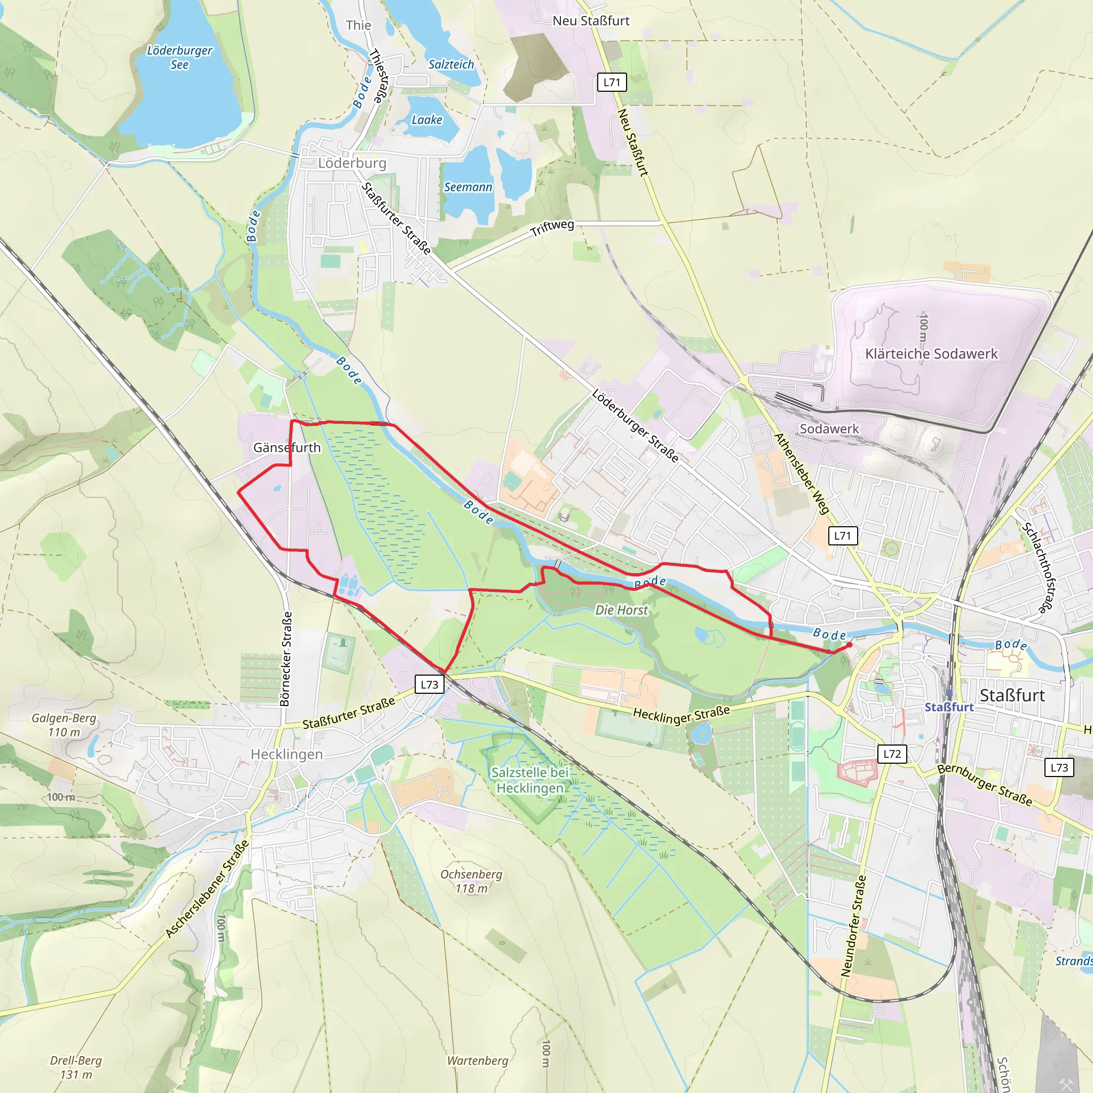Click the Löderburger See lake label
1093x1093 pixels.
[x=179, y=57]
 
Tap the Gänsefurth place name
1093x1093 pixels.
[x=287, y=447]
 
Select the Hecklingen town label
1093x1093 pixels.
[x=287, y=754]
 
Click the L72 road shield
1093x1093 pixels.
[x=892, y=754]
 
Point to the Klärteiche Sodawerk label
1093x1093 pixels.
[x=931, y=354]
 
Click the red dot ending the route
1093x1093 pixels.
[x=849, y=645]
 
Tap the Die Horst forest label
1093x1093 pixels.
[x=621, y=610]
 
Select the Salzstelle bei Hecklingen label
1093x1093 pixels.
[x=530, y=780]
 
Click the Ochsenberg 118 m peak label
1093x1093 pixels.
[x=471, y=881]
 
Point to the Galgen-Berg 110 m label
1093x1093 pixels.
[x=64, y=725]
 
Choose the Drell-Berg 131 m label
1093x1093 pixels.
[x=76, y=1067]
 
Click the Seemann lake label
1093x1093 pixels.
[x=468, y=187]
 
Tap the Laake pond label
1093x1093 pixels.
[x=426, y=120]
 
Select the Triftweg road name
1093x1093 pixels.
[x=552, y=227]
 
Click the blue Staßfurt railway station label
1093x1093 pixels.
[x=949, y=707]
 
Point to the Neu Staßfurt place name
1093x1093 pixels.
[x=591, y=21]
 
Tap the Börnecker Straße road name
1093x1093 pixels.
[x=286, y=659]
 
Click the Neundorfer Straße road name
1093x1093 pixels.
[x=853, y=926]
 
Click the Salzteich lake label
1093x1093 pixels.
[x=451, y=65]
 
